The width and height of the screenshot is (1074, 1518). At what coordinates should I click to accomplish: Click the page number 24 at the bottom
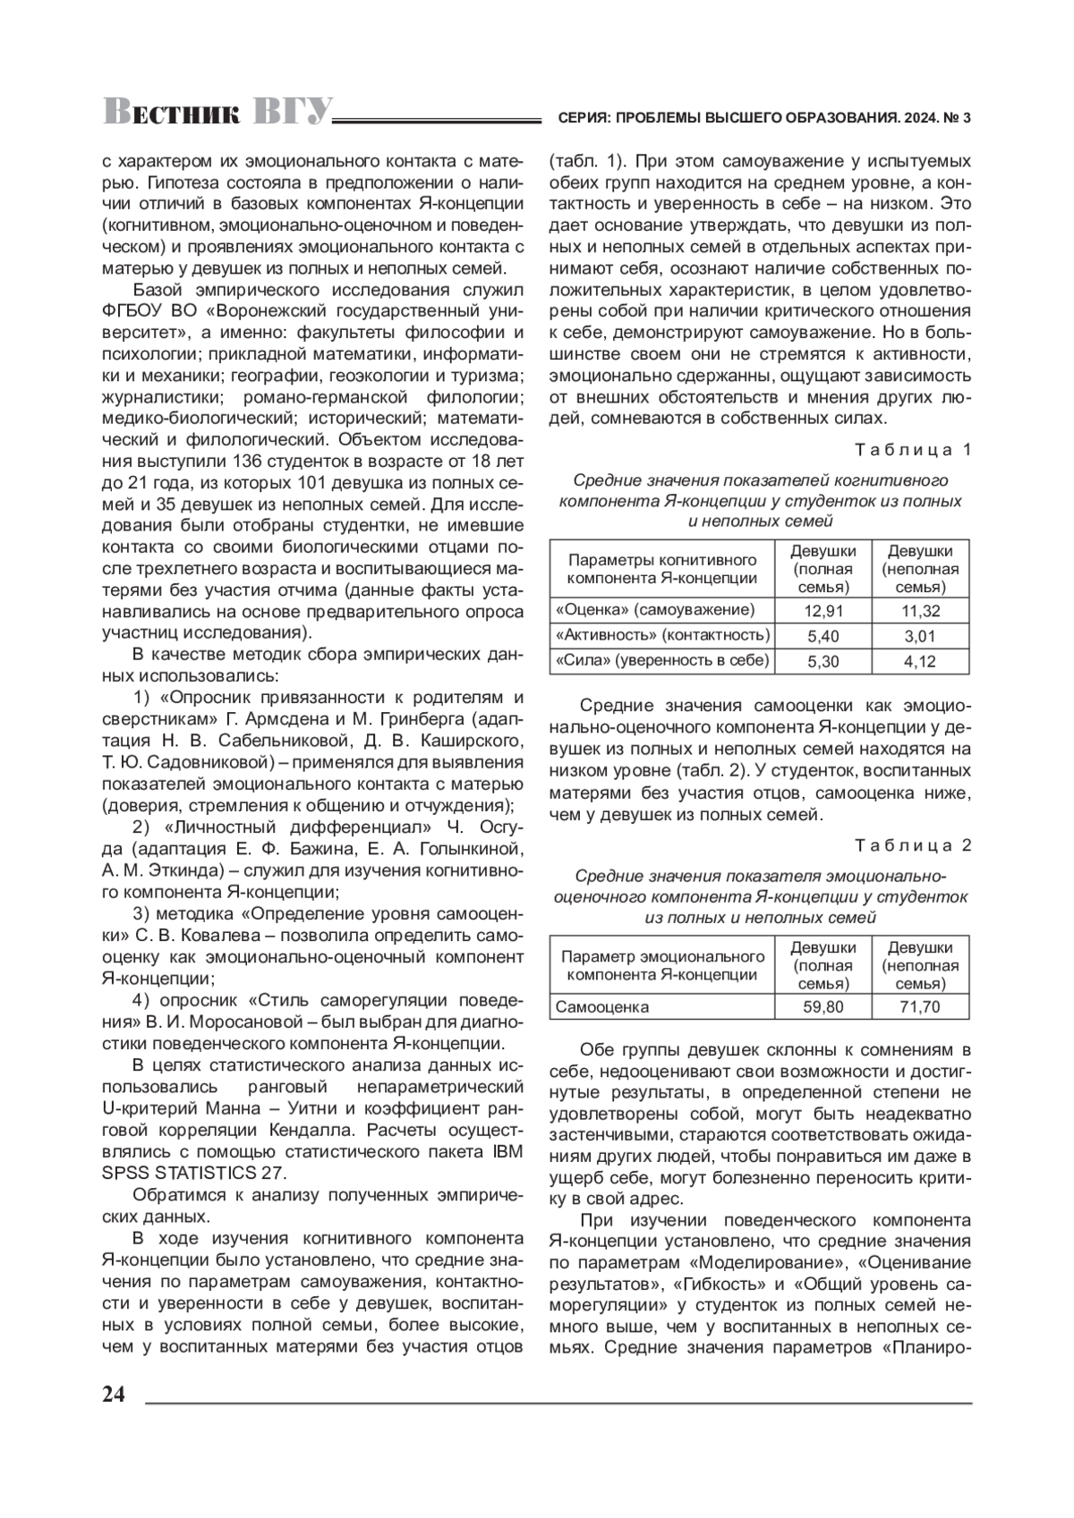click(x=115, y=1395)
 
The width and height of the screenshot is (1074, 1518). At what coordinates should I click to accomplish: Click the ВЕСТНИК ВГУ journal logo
click(x=217, y=111)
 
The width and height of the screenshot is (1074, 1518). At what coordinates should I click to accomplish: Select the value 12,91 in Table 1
click(x=823, y=611)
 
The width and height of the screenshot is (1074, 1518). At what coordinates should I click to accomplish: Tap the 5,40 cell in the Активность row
click(x=823, y=636)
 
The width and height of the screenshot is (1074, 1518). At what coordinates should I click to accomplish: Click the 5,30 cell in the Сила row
click(x=823, y=662)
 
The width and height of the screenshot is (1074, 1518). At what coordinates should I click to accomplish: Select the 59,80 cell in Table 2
click(x=823, y=1007)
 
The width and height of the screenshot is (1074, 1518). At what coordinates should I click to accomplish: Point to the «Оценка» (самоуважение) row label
click(x=655, y=610)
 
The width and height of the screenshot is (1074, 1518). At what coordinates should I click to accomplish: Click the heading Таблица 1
click(x=913, y=449)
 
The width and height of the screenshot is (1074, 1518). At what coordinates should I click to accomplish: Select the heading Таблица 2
click(x=913, y=845)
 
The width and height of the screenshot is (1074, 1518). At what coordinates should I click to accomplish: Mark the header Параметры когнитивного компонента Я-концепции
click(x=662, y=569)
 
